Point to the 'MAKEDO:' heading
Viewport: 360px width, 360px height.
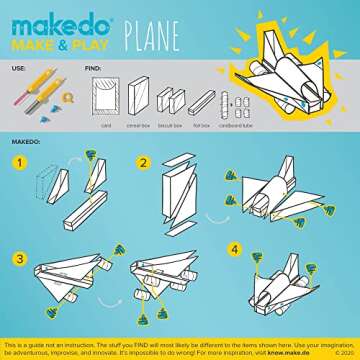pyautogui.click(x=22, y=141)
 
